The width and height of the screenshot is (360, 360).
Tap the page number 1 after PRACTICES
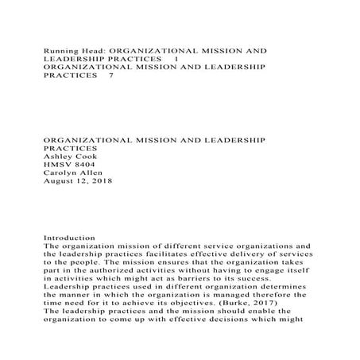tap(176, 59)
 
